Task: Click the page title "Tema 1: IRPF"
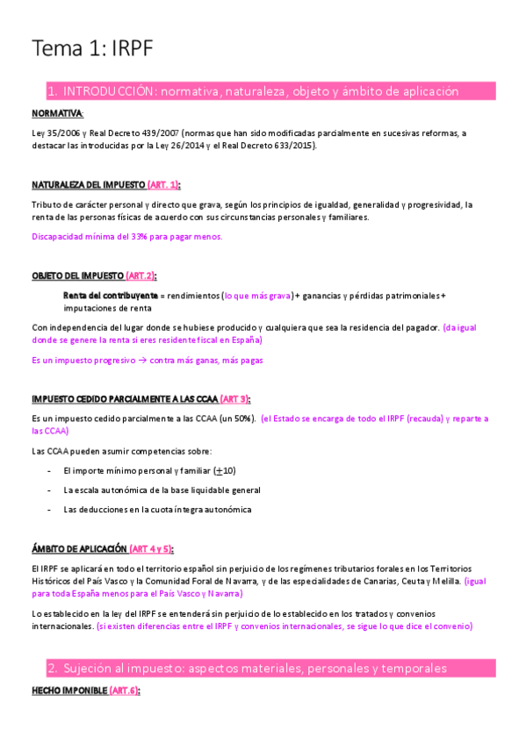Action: point(92,48)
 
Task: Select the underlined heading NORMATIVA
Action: point(57,114)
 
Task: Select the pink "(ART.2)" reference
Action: point(141,275)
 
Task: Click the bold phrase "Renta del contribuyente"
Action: point(111,296)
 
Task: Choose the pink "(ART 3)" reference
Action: point(235,398)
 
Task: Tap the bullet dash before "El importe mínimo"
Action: point(47,471)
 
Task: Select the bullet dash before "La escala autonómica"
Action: point(47,490)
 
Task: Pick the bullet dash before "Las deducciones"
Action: point(47,510)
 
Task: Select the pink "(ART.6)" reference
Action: point(124,691)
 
